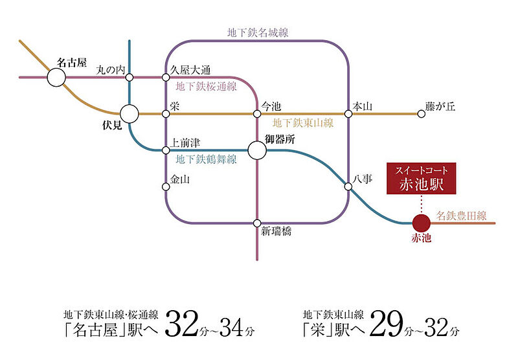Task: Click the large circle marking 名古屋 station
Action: pos(56,78)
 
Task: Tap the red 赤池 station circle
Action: pos(422,223)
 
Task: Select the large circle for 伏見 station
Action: pos(129,114)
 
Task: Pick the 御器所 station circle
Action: pos(257,150)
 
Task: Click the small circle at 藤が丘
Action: pos(422,114)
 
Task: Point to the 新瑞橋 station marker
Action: pos(257,223)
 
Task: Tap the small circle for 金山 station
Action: pos(166,187)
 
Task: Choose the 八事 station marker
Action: pos(348,186)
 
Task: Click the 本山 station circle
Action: pos(348,114)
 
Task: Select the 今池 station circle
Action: pos(257,114)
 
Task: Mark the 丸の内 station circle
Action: pos(129,78)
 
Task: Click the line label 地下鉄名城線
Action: pos(258,32)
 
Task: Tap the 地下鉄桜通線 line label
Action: pos(206,86)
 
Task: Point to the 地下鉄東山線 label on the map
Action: pos(302,123)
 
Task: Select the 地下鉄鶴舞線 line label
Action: pos(206,159)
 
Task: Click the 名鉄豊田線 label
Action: pos(462,216)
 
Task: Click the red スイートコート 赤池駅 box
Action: pos(422,178)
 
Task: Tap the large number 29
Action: pos(387,324)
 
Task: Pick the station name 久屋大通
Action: pos(190,70)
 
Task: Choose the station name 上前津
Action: pos(185,143)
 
